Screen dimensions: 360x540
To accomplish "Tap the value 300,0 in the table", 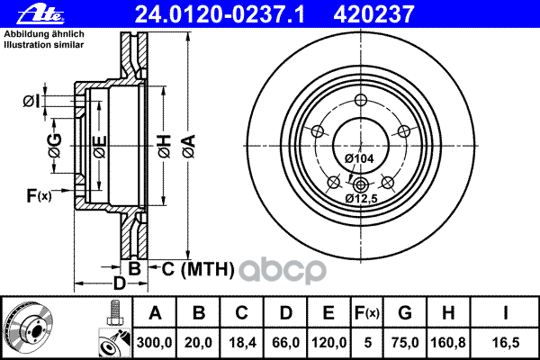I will point(154,340).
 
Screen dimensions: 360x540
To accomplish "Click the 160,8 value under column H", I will point(450,340).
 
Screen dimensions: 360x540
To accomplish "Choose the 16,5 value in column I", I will point(507,340).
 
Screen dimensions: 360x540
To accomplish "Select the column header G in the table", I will point(404,312).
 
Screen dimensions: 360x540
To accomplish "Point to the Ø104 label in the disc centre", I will point(360,158).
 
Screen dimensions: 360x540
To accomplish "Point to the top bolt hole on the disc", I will point(361,101).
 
